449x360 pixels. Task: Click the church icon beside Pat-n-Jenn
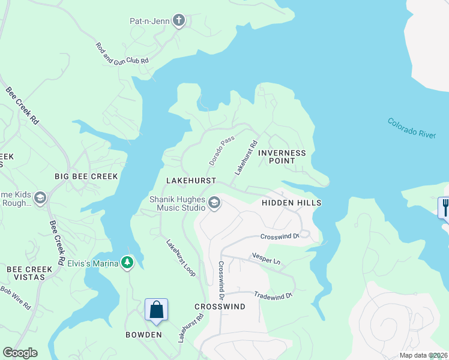click(178, 21)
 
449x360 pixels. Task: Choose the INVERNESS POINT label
click(282, 157)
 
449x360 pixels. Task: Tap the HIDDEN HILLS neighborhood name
click(291, 203)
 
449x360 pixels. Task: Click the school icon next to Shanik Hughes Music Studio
click(214, 203)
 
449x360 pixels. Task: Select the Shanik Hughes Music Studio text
click(176, 203)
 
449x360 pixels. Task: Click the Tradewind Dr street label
click(273, 295)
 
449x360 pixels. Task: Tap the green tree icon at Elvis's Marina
click(127, 262)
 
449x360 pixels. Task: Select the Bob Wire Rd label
click(16, 297)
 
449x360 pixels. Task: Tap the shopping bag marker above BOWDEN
click(156, 310)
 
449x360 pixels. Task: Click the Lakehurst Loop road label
click(181, 258)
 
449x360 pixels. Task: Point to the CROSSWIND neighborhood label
click(220, 307)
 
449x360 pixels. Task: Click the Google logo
click(20, 353)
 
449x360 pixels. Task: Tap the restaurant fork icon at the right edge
click(444, 208)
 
